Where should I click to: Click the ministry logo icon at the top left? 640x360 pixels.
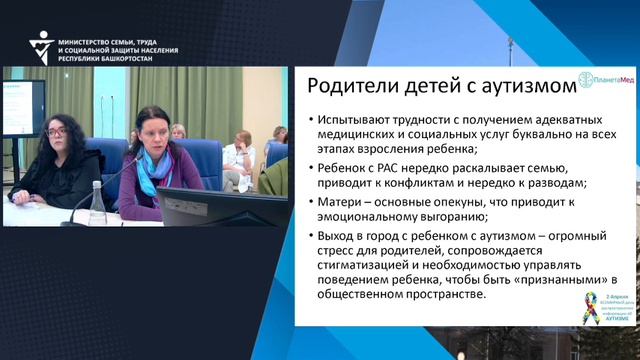click(42, 44)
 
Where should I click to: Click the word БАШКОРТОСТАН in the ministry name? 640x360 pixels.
click(147, 58)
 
